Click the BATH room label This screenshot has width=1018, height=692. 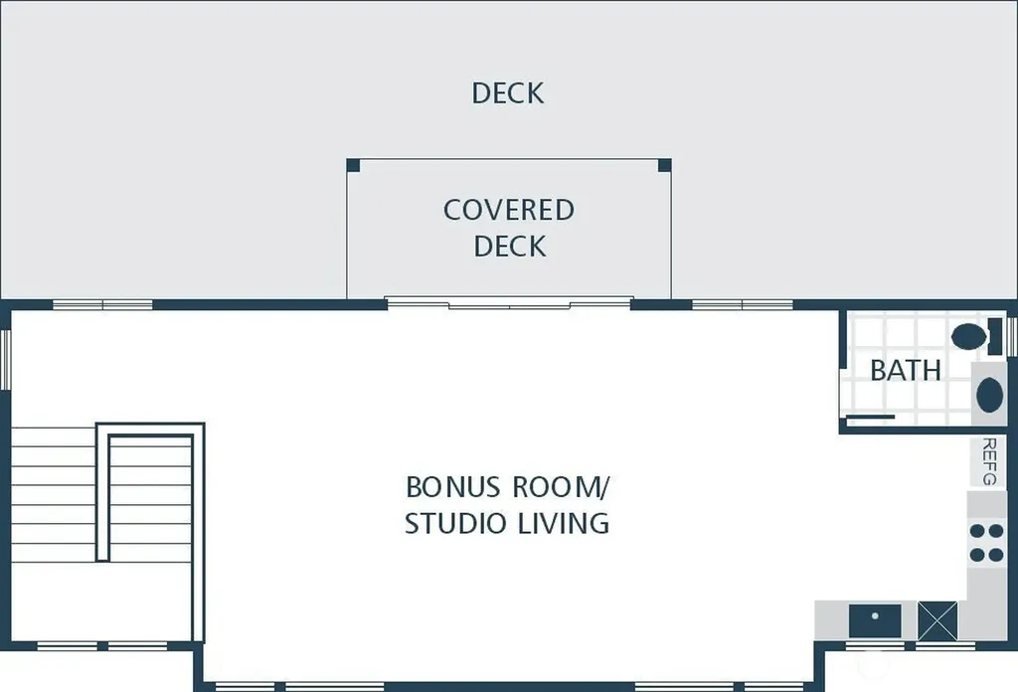pos(905,370)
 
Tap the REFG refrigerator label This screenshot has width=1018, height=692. pos(989,461)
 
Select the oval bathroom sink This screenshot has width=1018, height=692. pos(989,394)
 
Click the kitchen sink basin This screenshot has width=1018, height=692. pos(875,621)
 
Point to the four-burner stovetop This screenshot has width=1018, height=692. pos(986,543)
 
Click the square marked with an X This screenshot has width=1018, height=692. pos(936,620)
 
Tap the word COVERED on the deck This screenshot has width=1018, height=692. pos(509,210)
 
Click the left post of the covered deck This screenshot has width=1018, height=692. pos(353,165)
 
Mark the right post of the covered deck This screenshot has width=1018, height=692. pos(664,165)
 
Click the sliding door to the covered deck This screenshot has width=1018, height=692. pos(509,302)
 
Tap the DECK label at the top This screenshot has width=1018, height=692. pos(508,92)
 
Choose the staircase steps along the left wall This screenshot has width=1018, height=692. pos(54,495)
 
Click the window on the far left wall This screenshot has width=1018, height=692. pos(6,360)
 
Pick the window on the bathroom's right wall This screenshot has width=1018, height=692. pos(1012,336)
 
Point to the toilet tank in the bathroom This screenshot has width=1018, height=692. pos(994,336)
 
